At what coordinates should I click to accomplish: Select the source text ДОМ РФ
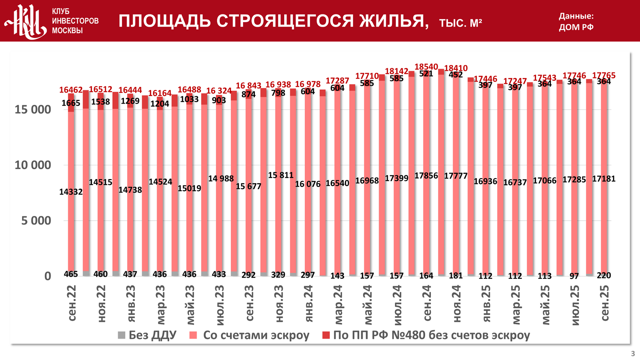point(576,27)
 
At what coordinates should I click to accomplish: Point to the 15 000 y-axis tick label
point(32,110)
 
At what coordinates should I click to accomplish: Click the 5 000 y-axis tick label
point(36,221)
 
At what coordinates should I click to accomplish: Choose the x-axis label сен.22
point(72,303)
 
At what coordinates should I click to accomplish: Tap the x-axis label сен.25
point(605,303)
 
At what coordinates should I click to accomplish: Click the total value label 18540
point(426,67)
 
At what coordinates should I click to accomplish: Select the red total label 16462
point(71,90)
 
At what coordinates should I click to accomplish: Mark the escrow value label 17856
point(426,176)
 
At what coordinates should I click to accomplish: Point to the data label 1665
point(71,103)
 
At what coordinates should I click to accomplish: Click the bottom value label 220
point(604,275)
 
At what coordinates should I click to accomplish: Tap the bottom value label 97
point(574,276)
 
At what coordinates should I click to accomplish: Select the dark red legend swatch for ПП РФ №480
point(326,335)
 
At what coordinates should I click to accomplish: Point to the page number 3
point(633,354)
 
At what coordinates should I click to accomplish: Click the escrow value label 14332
point(71,192)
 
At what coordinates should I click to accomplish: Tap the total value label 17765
point(604,75)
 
